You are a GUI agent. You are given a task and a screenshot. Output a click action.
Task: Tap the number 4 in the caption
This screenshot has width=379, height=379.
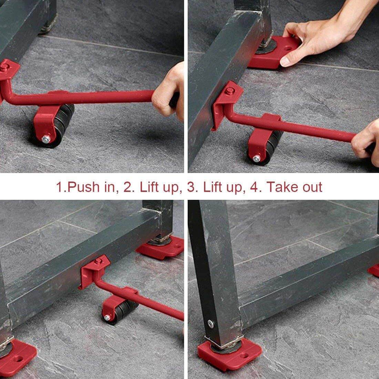click(257, 187)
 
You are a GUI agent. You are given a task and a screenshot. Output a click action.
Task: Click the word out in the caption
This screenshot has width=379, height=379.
click(311, 187)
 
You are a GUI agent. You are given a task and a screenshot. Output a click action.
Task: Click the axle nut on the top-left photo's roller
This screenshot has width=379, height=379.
click(45, 139)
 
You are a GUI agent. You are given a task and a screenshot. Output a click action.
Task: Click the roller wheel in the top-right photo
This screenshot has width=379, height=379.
click(267, 148)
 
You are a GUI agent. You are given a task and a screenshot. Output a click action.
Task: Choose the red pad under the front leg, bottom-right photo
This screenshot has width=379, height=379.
click(229, 353)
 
